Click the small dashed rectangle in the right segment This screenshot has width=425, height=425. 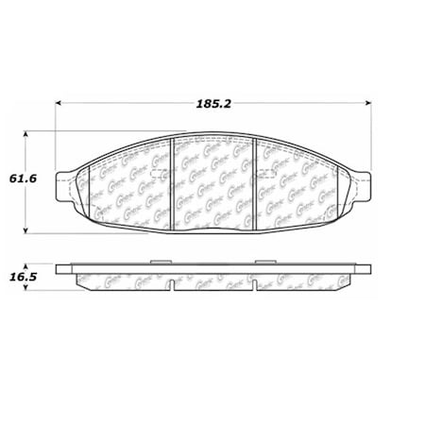tap(265, 176)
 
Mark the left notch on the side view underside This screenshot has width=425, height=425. tap(170, 285)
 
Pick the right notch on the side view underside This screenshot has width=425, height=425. tap(256, 285)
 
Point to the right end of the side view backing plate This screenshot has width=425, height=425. tap(365, 271)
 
